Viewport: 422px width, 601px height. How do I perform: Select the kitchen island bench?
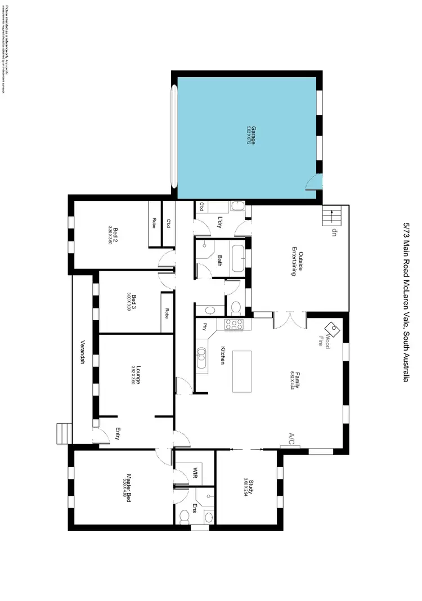coord(243,371)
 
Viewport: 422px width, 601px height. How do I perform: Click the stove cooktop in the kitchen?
coord(234,325)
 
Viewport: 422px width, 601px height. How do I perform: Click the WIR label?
coord(195,471)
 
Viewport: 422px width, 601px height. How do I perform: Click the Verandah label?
coord(83,352)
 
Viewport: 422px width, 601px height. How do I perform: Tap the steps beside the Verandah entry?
coord(64,433)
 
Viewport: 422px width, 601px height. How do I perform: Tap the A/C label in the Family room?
coord(291,438)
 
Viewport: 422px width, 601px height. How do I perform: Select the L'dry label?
coord(219,222)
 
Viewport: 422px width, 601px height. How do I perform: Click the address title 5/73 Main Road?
coord(406,300)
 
